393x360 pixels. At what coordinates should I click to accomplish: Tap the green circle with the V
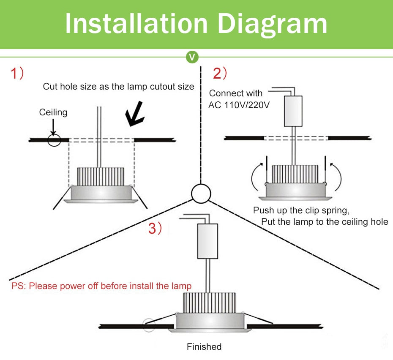193,57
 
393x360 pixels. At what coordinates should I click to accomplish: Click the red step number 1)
17,74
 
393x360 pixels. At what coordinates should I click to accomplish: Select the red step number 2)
220,74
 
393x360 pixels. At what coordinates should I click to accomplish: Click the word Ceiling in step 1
53,112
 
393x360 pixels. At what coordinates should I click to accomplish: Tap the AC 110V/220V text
239,105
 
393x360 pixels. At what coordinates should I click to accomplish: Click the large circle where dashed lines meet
201,194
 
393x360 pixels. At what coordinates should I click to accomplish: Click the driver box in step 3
208,241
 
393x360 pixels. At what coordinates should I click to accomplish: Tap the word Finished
204,347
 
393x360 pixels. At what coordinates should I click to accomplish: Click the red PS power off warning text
101,286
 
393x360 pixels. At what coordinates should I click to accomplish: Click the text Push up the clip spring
301,210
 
